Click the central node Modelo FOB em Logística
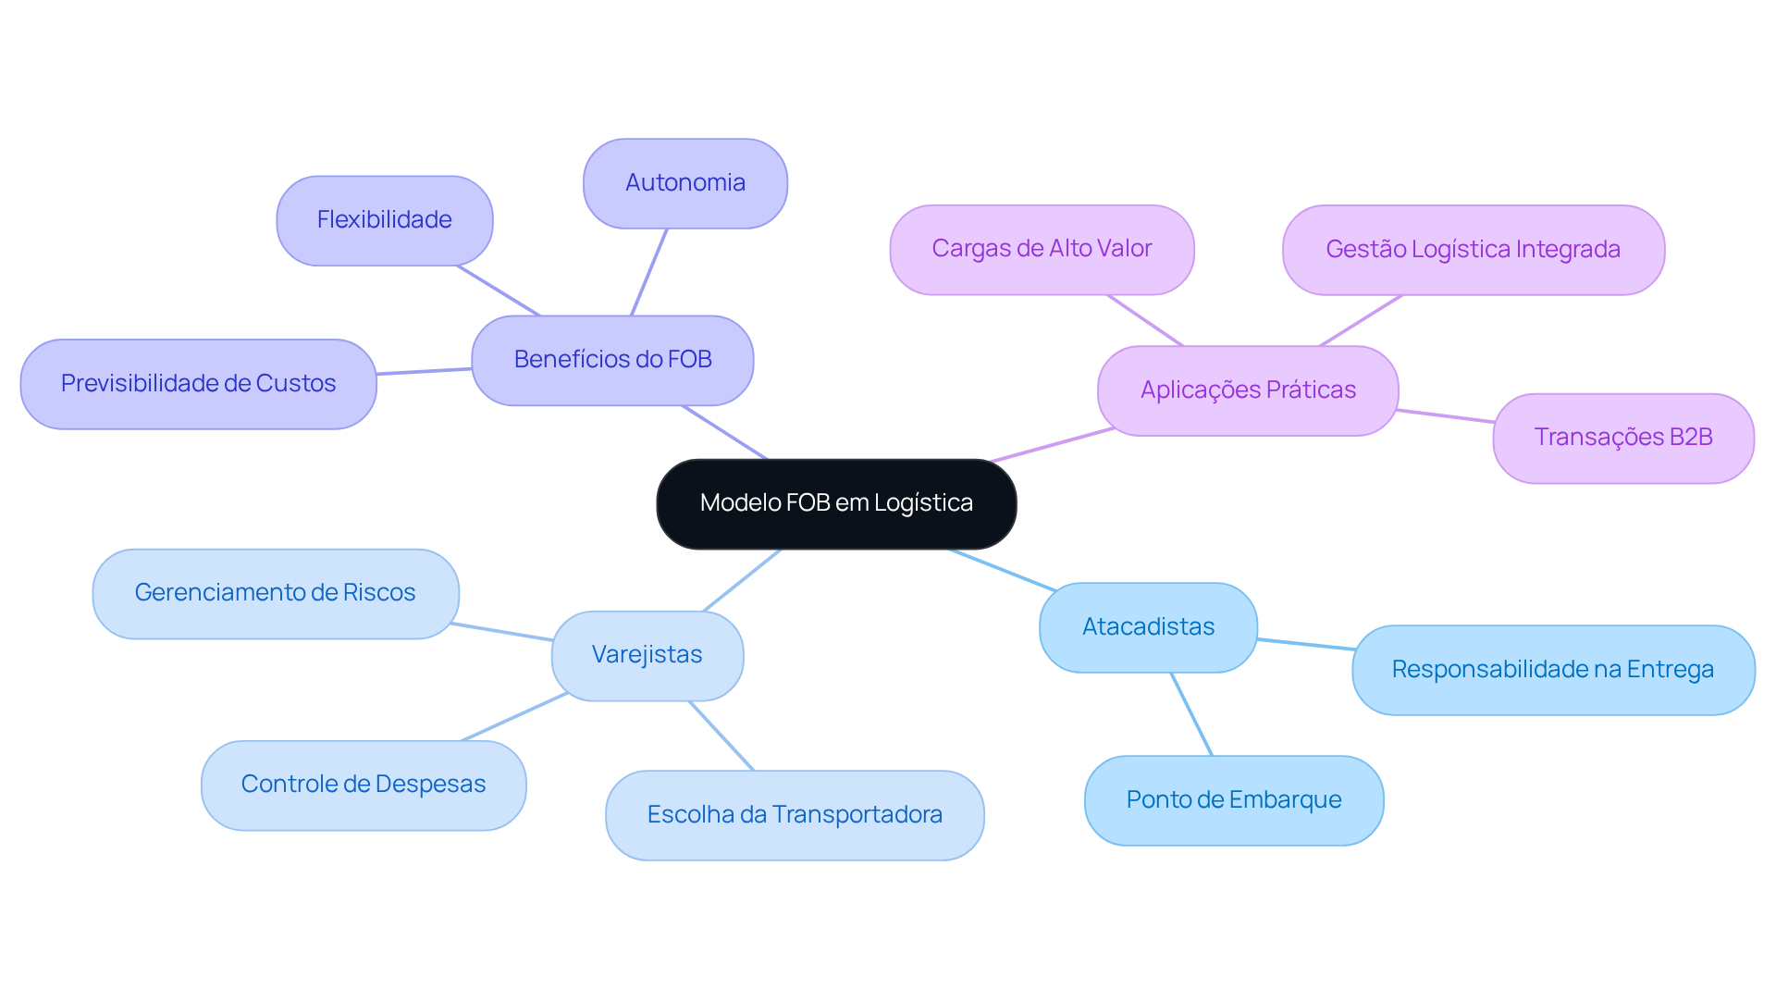835,504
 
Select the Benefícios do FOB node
612,360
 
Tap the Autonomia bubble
684,183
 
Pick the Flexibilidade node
384,220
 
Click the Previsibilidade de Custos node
198,384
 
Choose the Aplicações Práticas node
1247,390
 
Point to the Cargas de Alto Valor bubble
1042,250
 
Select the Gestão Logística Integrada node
1473,250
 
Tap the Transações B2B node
1622,438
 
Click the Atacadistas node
1148,627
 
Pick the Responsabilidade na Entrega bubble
1552,670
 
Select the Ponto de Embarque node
1233,800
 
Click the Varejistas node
647,655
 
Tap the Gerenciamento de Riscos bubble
275,593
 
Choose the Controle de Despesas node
363,785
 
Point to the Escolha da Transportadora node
795,815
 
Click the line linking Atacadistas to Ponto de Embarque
1191,714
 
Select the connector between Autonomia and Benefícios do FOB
648,272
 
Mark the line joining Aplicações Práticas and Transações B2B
1445,415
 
